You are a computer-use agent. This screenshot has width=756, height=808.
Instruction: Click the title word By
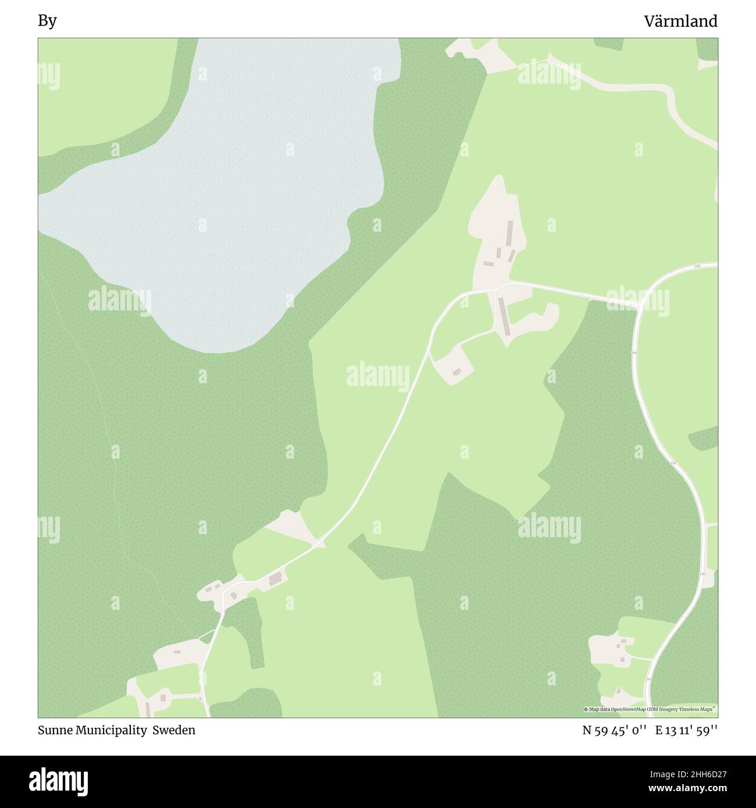pyautogui.click(x=47, y=22)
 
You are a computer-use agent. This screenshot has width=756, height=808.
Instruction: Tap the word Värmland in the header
pyautogui.click(x=680, y=22)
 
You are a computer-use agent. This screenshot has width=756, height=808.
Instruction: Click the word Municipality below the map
pyautogui.click(x=110, y=730)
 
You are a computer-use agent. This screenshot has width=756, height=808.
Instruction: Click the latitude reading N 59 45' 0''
pyautogui.click(x=615, y=730)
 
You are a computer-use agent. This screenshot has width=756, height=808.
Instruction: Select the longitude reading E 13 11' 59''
pyautogui.click(x=686, y=730)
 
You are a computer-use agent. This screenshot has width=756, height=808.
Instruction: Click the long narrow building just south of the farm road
pyautogui.click(x=502, y=317)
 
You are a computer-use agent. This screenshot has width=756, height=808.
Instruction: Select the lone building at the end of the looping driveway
pyautogui.click(x=457, y=371)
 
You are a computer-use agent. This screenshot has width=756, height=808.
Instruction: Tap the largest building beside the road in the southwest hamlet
pyautogui.click(x=275, y=579)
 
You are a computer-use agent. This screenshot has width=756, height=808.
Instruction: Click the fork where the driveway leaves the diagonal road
pyautogui.click(x=429, y=352)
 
